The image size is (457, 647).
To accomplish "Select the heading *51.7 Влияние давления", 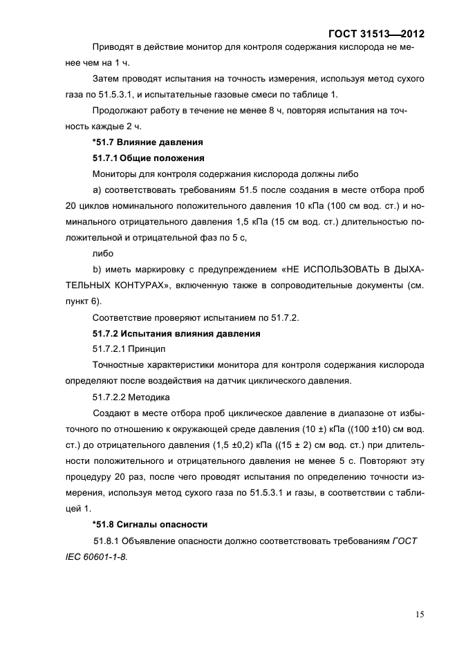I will click(147, 142).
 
